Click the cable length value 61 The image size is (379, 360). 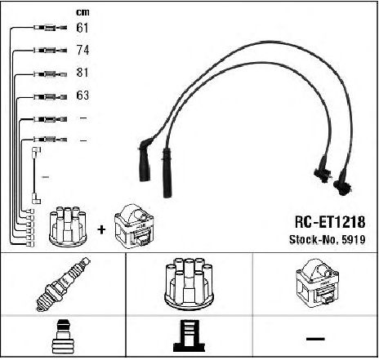coord(82,28)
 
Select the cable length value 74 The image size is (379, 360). coord(82,50)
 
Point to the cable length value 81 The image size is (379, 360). coord(82,73)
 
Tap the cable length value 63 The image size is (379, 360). coord(82,95)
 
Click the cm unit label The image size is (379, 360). coord(82,12)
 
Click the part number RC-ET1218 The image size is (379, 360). coord(330,222)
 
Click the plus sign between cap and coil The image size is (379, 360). coord(101,230)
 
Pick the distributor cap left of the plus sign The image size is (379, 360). coord(68,226)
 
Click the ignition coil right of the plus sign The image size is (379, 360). coord(134,226)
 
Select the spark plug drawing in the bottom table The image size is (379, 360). coord(63,284)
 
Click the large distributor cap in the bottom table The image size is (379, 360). coord(189,283)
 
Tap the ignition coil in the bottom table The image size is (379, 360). coord(317,283)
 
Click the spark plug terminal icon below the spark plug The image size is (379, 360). coord(63,337)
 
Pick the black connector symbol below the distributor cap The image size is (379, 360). coord(189,336)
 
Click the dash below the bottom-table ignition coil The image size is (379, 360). coord(315,339)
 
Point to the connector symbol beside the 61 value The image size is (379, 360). coord(51,28)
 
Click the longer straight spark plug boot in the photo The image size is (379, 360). coord(167,173)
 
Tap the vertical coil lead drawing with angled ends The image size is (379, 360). coord(36,176)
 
